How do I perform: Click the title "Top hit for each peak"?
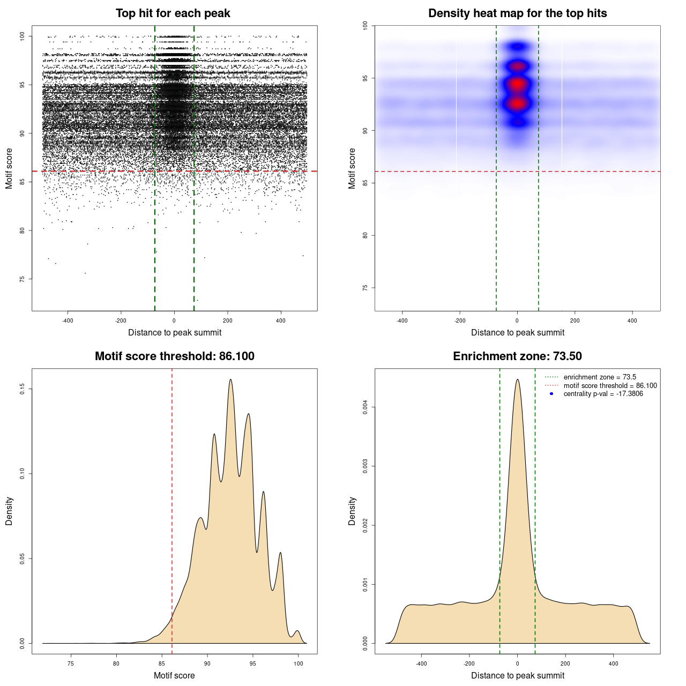tap(173, 13)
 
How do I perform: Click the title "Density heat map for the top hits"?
tap(517, 13)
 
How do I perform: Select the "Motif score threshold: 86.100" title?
tap(174, 356)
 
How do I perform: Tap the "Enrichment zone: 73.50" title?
tap(517, 356)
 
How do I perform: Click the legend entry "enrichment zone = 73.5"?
tap(600, 377)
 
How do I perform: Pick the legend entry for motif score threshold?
tap(610, 385)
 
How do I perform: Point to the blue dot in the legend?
tap(551, 394)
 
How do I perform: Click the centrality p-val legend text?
tap(603, 394)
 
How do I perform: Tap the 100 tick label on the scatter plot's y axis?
tap(23, 36)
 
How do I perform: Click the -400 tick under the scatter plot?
tap(68, 321)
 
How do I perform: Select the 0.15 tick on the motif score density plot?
tap(23, 389)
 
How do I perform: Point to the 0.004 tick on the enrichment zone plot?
tap(366, 407)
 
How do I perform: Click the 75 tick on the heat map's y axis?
tap(366, 288)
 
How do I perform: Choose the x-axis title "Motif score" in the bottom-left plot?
tap(174, 675)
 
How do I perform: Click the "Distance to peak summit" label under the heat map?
tap(517, 332)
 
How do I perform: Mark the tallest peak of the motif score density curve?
tap(230, 380)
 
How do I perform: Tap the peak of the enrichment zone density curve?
tap(517, 380)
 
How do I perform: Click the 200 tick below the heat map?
tap(575, 321)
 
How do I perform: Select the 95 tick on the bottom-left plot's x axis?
tap(253, 663)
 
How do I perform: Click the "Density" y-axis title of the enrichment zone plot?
tap(352, 511)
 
